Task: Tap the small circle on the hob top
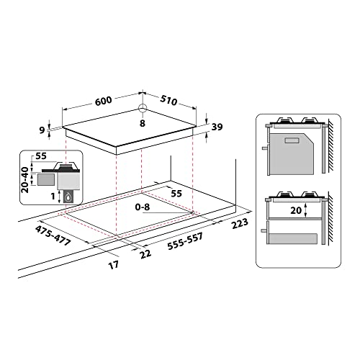click(143, 109)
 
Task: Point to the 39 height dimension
click(216, 127)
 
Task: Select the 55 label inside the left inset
click(40, 156)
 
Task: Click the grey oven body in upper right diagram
click(292, 150)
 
